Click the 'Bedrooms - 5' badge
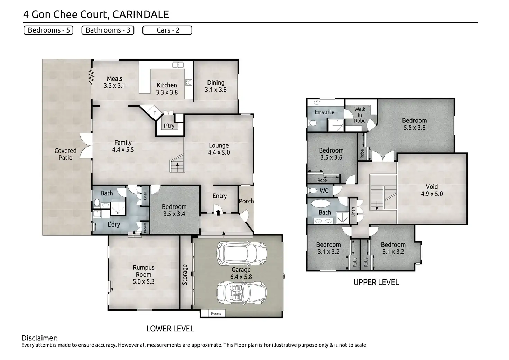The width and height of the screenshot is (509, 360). click(48, 30)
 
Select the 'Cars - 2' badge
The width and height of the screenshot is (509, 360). click(167, 30)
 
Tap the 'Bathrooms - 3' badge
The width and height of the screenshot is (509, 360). click(108, 30)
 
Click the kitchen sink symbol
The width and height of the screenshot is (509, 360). click(178, 65)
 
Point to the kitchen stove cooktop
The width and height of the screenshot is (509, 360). click(189, 82)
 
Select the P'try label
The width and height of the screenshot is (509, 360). click(169, 126)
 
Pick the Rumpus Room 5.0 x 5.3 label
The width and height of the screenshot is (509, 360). click(144, 275)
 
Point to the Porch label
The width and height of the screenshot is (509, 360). click(246, 201)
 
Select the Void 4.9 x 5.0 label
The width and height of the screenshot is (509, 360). click(432, 190)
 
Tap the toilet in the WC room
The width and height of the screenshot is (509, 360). click(313, 191)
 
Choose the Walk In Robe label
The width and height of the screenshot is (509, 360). click(360, 115)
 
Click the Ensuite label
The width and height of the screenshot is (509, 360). click(324, 112)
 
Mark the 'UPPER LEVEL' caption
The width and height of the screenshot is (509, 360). click(376, 282)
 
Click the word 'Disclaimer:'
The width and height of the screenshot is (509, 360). click(40, 338)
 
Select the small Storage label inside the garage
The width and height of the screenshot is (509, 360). click(216, 313)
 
